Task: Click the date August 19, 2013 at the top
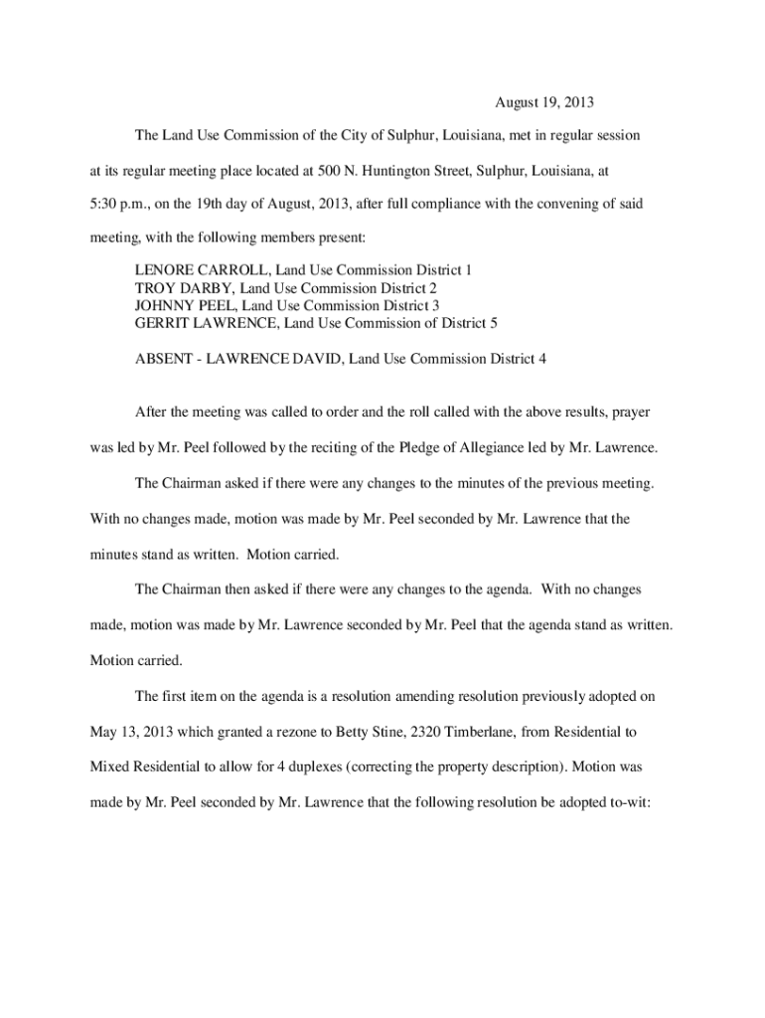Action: tap(544, 102)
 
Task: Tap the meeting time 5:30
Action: tap(97, 205)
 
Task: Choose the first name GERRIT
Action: tap(159, 324)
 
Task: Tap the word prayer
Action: tap(631, 412)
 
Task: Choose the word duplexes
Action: tap(312, 768)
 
